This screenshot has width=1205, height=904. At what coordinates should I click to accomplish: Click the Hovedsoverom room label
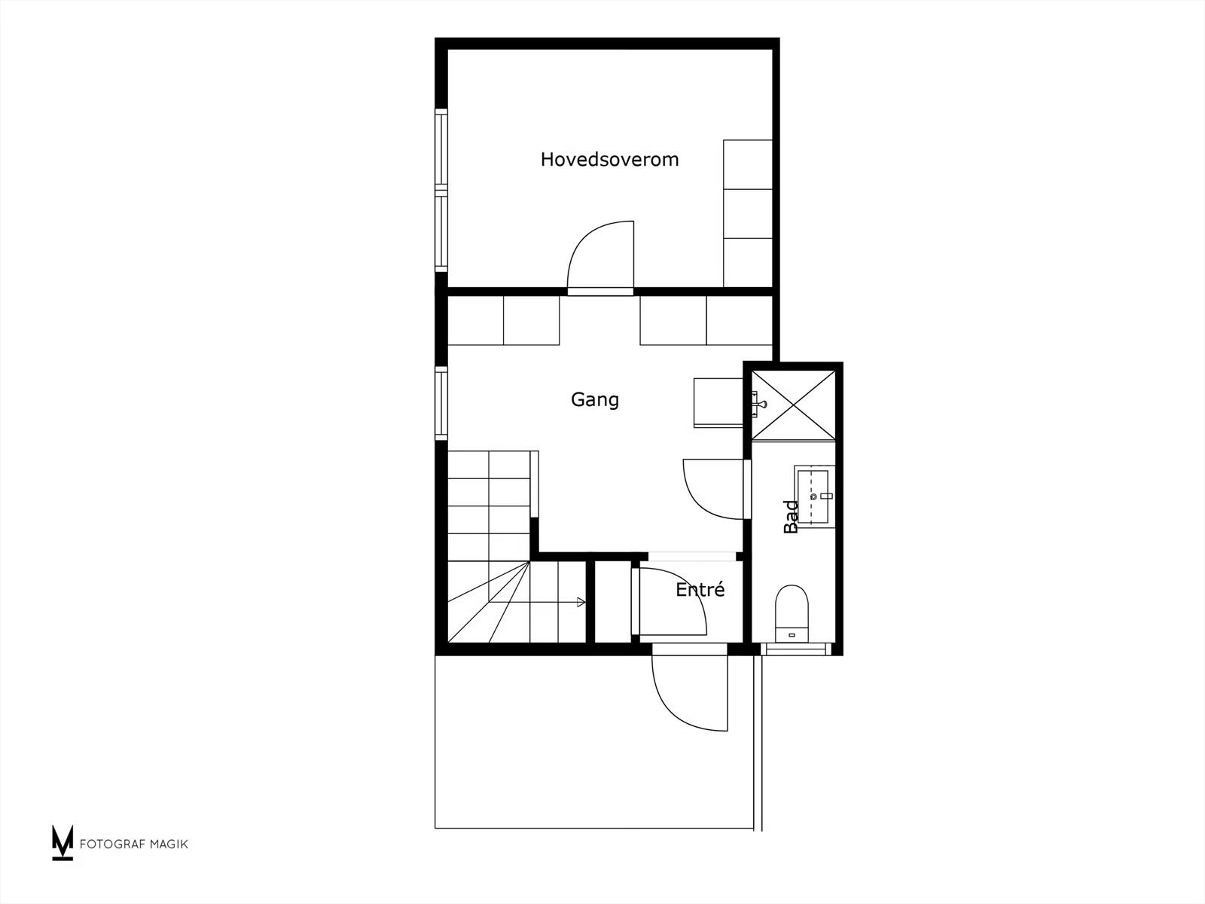(x=609, y=159)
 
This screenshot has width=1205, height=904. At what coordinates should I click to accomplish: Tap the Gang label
(x=594, y=399)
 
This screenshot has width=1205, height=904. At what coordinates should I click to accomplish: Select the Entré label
(x=700, y=590)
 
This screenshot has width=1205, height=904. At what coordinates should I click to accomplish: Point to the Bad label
(x=791, y=517)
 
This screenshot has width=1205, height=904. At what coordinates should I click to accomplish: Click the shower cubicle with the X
(x=793, y=405)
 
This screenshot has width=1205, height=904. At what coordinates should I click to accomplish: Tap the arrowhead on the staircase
(x=581, y=602)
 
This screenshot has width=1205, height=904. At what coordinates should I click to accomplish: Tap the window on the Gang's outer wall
(x=441, y=403)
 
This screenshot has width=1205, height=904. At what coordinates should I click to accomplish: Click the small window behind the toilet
(x=796, y=649)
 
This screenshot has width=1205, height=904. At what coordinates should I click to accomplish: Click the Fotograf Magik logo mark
(x=63, y=842)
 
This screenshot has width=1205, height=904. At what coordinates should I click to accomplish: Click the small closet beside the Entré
(x=612, y=602)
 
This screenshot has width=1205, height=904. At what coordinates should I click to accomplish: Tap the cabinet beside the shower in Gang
(x=718, y=402)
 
